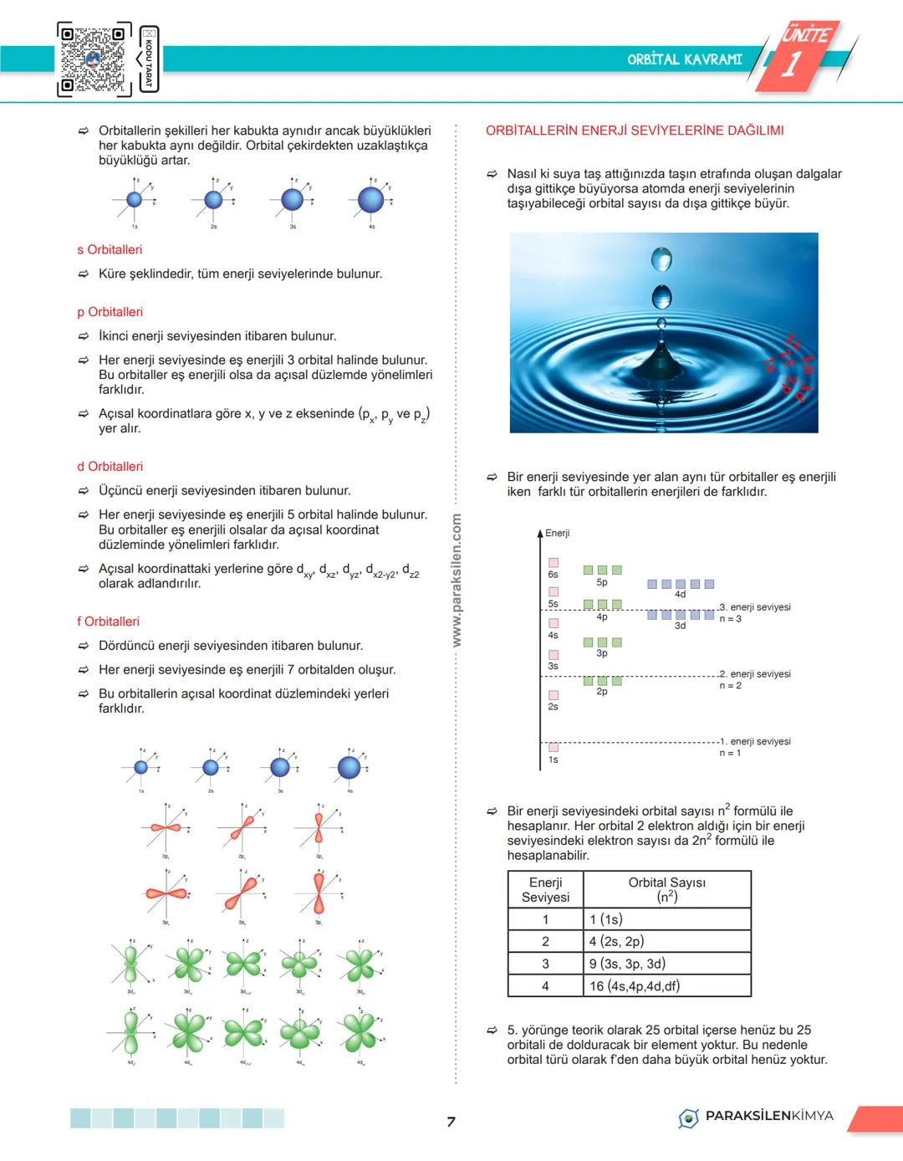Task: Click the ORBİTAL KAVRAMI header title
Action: (684, 59)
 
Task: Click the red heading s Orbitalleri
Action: (110, 249)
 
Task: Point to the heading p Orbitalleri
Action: (110, 312)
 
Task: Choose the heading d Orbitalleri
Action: (110, 467)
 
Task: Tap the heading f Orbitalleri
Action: (109, 621)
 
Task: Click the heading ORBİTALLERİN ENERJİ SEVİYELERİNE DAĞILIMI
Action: (635, 130)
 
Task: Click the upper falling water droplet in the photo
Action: (661, 259)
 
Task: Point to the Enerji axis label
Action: (558, 533)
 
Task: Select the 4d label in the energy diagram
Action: (680, 595)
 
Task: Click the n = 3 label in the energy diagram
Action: (730, 619)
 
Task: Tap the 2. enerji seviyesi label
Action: (755, 674)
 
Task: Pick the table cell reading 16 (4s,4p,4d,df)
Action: (635, 986)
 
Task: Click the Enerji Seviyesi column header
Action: (545, 890)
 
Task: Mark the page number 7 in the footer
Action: (451, 1122)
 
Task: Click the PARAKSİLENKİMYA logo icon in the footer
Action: (688, 1118)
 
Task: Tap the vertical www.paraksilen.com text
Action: (457, 580)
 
